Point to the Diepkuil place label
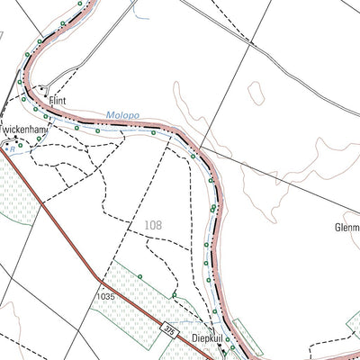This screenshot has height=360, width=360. [x=208, y=338]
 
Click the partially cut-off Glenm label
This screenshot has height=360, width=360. [x=346, y=229]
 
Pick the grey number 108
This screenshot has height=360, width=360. [x=153, y=226]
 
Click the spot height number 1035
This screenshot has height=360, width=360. [x=108, y=295]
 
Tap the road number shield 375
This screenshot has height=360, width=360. [x=167, y=328]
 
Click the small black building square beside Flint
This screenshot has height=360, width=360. [x=46, y=95]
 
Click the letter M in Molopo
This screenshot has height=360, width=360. [x=108, y=116]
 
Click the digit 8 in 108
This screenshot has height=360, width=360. [x=159, y=226]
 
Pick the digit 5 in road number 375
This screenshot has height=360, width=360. [x=171, y=330]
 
